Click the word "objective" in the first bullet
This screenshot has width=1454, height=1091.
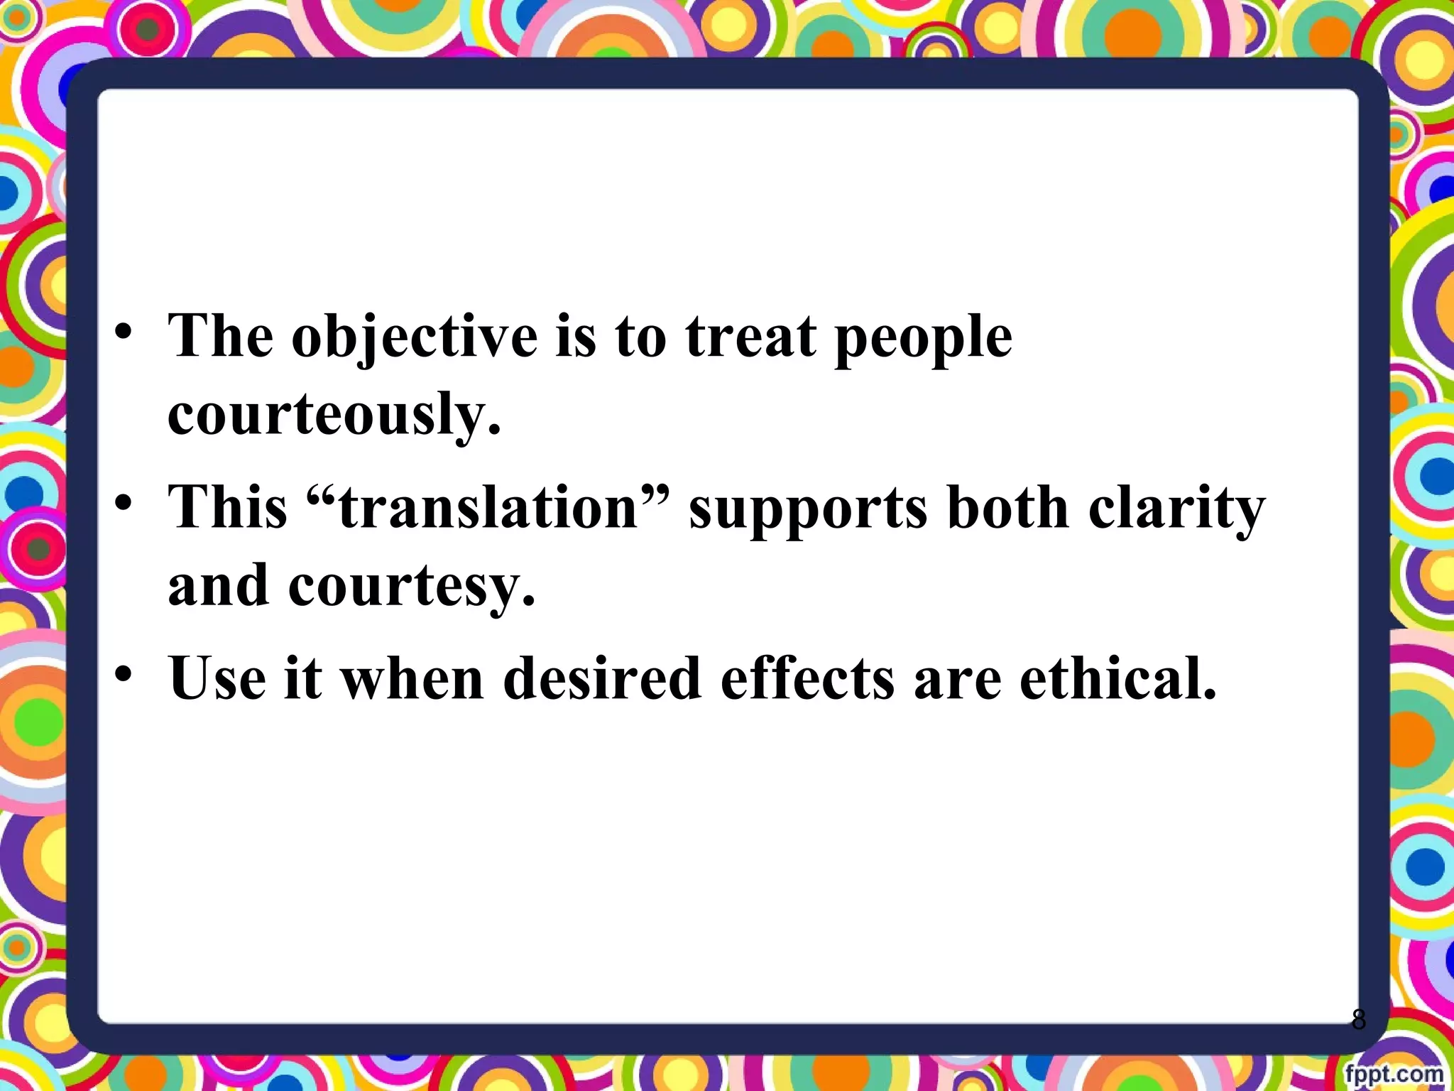(415, 337)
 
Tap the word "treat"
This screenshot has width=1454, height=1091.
(750, 337)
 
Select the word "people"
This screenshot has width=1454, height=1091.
(923, 337)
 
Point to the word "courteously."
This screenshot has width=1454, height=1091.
(334, 414)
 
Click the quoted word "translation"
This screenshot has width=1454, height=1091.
(489, 508)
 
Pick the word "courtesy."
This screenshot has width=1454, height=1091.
(411, 587)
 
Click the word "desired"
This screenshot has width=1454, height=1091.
(602, 678)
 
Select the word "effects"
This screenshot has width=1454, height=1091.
(807, 678)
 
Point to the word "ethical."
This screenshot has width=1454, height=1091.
(1118, 678)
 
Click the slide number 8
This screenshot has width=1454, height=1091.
(1358, 1019)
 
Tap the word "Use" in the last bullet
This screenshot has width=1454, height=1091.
(217, 678)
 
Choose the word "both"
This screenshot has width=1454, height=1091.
(1007, 508)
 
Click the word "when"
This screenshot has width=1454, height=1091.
(412, 678)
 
